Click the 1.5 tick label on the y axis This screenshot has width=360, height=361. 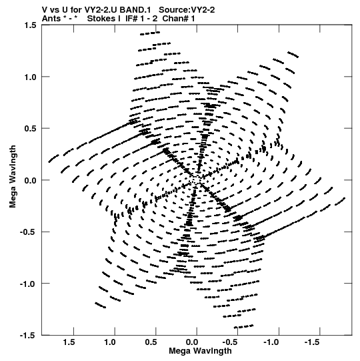click(x=30, y=25)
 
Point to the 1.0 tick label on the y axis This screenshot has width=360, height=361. click(x=30, y=77)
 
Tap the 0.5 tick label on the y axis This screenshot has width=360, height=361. click(x=30, y=129)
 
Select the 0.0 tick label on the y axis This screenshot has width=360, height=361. click(x=30, y=180)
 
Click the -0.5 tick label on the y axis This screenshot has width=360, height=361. click(x=28, y=232)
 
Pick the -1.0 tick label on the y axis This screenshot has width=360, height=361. click(x=28, y=284)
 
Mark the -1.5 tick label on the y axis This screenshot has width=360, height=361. click(x=28, y=336)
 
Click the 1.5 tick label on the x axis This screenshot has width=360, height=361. click(x=69, y=342)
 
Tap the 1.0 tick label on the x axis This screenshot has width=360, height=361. click(x=110, y=342)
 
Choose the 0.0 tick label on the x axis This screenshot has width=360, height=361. click(x=192, y=342)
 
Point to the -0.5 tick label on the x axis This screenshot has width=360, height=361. click(x=231, y=342)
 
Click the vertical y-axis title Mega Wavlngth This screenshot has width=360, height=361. click(x=13, y=177)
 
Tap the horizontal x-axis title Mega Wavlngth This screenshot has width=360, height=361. click(x=200, y=351)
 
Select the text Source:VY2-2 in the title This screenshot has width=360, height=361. click(x=187, y=10)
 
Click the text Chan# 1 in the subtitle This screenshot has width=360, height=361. click(x=179, y=19)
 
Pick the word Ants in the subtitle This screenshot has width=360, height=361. click(x=51, y=19)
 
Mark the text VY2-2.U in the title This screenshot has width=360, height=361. click(x=99, y=10)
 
